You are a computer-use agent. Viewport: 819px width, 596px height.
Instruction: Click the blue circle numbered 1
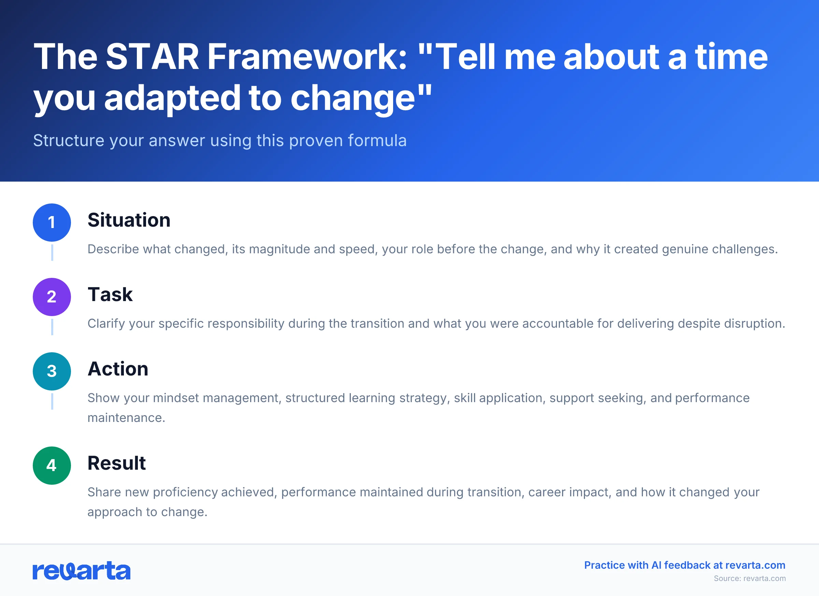coord(52,223)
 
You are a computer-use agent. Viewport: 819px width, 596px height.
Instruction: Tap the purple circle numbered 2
coord(52,297)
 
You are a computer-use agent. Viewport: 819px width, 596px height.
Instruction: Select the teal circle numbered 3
coord(52,371)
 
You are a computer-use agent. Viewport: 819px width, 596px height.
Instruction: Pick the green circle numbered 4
coord(52,466)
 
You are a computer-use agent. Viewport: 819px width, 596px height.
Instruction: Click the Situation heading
coord(129,220)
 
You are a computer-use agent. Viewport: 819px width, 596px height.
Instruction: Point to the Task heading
coord(110,294)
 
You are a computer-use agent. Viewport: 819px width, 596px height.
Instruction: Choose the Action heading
coord(118,369)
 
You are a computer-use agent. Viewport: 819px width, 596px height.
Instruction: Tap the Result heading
coord(116,463)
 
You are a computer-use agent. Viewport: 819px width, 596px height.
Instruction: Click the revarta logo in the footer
coord(81,571)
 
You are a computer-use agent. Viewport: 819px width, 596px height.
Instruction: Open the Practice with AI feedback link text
coord(684,565)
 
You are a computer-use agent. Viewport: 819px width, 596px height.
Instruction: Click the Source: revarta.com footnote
coord(749,578)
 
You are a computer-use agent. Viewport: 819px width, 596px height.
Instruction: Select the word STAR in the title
coord(152,57)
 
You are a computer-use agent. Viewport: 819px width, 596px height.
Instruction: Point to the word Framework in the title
coord(307,57)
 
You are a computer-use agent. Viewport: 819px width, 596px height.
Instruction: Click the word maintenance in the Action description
coord(126,418)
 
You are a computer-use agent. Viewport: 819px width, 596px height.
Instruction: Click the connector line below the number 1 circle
coord(52,253)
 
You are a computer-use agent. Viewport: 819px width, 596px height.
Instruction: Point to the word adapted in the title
coord(172,98)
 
